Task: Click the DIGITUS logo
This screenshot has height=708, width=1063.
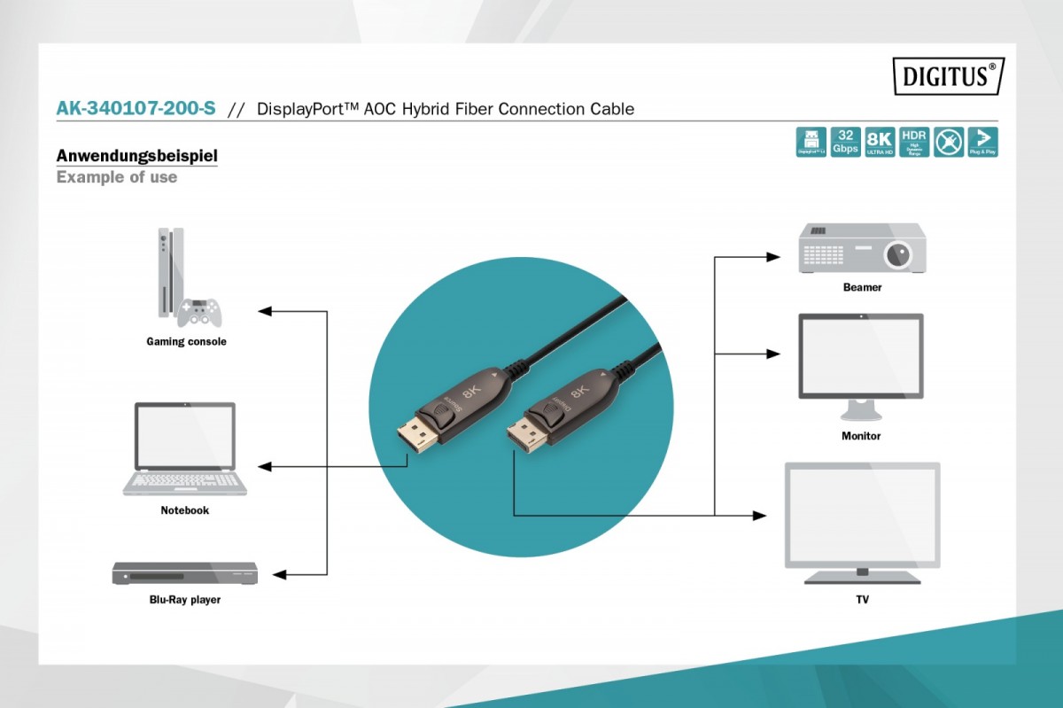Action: [x=948, y=76]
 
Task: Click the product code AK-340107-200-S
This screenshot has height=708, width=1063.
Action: [x=136, y=109]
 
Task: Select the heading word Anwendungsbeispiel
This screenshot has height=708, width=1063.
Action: [x=136, y=157]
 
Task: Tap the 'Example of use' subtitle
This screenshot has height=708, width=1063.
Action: [x=116, y=177]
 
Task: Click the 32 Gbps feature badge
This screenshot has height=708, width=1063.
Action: [x=845, y=142]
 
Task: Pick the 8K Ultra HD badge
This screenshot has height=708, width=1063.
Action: [x=880, y=142]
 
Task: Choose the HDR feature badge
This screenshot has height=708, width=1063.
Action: [x=913, y=142]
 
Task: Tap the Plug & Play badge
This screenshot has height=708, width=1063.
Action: [x=982, y=142]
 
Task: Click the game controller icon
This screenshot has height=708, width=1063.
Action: [x=198, y=312]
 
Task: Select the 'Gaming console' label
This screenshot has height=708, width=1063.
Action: [x=186, y=342]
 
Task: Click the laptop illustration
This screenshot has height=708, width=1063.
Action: [x=185, y=448]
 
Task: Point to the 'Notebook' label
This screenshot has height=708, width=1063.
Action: [x=185, y=510]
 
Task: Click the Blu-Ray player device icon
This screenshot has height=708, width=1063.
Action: [x=184, y=573]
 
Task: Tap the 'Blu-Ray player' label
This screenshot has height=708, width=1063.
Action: [x=185, y=600]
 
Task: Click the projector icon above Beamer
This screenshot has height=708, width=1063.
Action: [x=862, y=247]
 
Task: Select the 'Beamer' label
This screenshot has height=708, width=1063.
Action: [x=862, y=288]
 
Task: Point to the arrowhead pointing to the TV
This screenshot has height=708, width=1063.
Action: [x=759, y=515]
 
